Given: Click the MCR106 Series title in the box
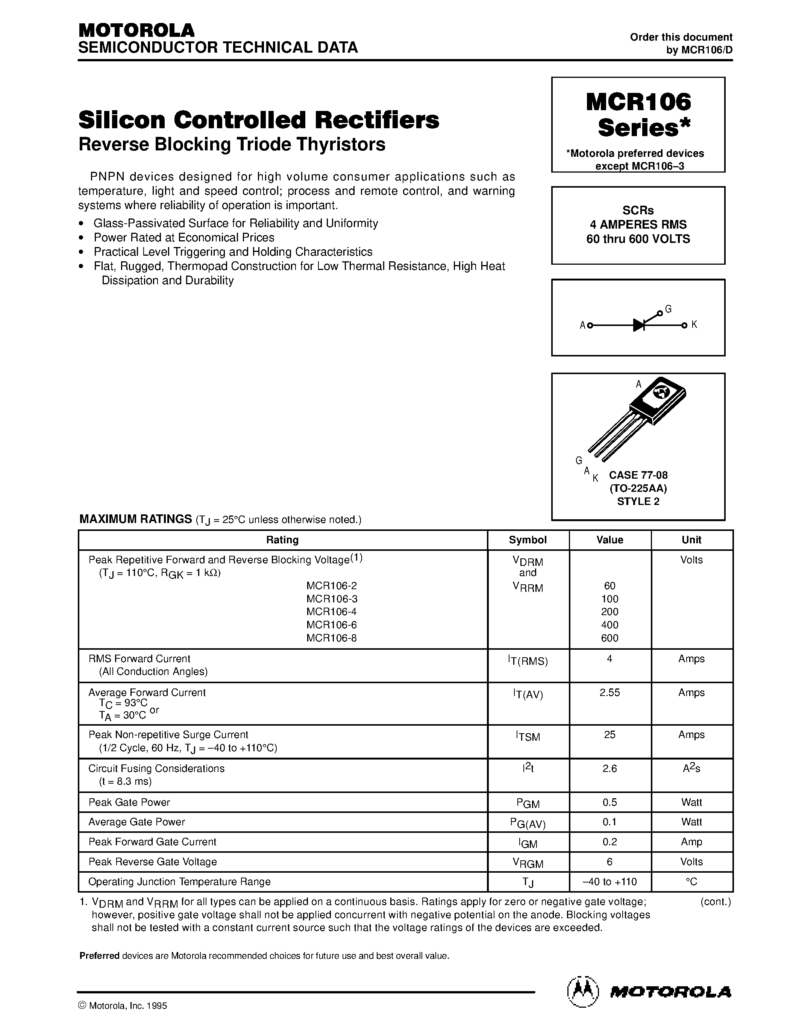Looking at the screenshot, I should coord(638,114).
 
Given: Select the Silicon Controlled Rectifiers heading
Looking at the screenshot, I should coord(258,120).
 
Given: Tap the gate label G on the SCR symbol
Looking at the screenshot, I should coord(668,309).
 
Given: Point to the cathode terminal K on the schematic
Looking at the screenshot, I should coord(694,324).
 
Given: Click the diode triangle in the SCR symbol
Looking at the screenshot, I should coord(639,325).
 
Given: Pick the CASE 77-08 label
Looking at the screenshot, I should coord(638,475).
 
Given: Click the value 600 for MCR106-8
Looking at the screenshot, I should coord(609,638).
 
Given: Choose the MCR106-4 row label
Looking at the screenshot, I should coord(331,612).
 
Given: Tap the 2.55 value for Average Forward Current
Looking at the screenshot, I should coord(609,693).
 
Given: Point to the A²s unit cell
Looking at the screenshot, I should coord(691,769).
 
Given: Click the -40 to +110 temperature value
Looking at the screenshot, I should coord(609,882).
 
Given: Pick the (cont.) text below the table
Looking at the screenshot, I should coord(715,902).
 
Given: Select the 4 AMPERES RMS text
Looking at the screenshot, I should coord(638,224).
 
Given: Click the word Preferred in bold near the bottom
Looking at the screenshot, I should coord(99,956).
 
